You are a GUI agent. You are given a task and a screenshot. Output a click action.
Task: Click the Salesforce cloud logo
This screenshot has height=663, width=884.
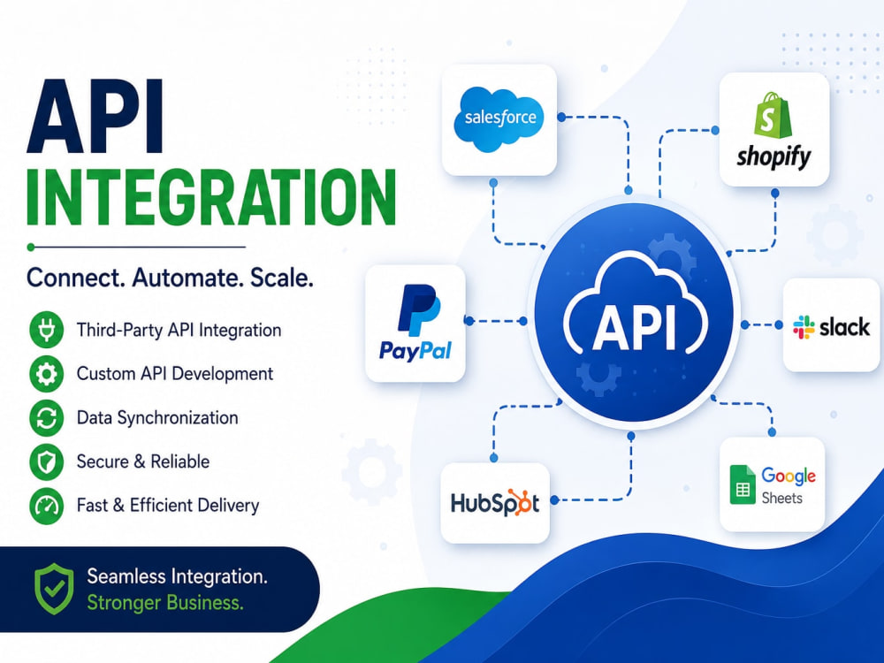499,118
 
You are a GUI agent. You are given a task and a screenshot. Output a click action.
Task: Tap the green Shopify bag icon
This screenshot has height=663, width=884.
773,116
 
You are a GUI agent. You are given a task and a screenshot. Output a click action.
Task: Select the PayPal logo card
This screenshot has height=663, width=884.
415,323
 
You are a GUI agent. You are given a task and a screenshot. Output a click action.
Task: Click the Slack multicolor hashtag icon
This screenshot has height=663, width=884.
804,327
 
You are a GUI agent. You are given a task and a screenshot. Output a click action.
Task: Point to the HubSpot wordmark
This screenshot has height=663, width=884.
495,503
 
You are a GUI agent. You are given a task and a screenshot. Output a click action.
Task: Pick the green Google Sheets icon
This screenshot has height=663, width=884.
743,484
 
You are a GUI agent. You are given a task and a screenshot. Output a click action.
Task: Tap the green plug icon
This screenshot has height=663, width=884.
46,330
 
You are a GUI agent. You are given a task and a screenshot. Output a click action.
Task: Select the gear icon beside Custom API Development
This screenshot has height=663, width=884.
46,373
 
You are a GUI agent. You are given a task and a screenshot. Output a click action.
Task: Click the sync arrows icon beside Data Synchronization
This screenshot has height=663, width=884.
46,418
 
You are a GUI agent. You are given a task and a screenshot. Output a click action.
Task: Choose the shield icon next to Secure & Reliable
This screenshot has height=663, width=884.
46,461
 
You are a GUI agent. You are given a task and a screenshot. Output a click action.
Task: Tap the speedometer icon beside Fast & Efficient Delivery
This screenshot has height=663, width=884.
46,506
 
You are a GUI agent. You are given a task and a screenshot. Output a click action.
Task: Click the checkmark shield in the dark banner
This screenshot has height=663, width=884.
54,589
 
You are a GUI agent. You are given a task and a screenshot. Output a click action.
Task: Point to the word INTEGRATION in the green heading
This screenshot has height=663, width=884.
211,196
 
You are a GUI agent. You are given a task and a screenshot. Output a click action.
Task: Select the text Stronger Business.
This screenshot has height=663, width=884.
165,603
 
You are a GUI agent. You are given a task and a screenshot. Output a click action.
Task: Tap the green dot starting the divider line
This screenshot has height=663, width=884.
30,247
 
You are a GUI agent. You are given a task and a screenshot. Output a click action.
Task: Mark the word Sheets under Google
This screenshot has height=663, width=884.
782,499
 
